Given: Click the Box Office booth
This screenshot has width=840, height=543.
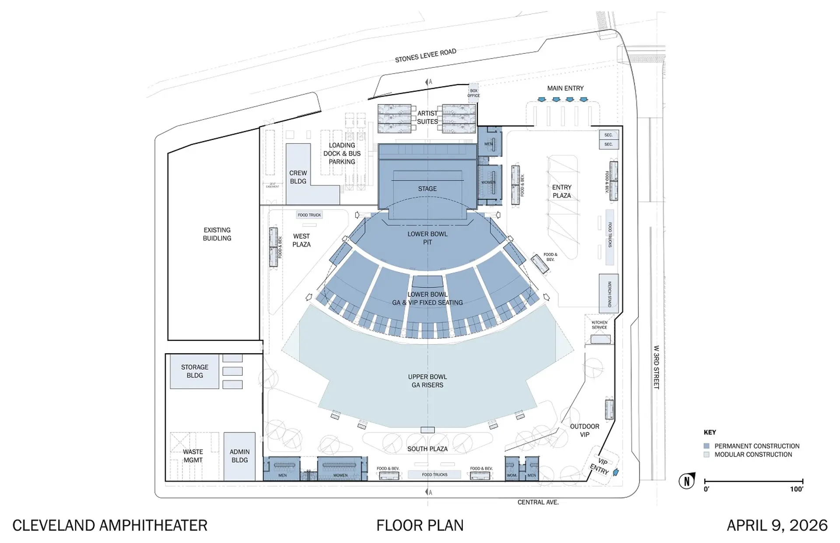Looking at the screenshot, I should (x=473, y=93).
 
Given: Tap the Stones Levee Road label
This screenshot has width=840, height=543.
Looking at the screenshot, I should (x=425, y=56).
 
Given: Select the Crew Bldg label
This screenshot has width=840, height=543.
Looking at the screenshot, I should (x=298, y=177).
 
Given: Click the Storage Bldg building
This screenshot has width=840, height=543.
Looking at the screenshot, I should (x=194, y=371).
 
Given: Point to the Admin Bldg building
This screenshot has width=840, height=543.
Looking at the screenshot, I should (x=239, y=456).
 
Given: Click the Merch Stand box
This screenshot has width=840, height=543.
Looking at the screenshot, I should (x=609, y=293).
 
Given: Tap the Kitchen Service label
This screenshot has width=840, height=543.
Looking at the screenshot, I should (x=599, y=325).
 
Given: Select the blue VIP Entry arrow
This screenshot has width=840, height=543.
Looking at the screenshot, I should (x=616, y=472).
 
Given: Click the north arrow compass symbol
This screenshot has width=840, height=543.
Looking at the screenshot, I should (x=687, y=481).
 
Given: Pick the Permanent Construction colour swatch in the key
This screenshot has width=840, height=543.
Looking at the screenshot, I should (x=707, y=446).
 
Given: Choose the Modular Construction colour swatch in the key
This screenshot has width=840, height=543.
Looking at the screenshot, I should (x=707, y=455).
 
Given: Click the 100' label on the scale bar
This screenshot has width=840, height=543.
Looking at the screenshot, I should (x=796, y=489).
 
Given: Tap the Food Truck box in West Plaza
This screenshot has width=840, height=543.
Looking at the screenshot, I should (x=309, y=215).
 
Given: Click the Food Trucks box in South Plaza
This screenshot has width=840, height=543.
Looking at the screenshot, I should (x=434, y=474).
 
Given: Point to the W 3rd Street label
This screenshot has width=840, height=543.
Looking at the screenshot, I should (x=656, y=367).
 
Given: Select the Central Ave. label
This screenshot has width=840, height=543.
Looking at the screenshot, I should (x=538, y=502).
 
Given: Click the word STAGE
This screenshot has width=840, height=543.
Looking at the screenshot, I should (x=427, y=189).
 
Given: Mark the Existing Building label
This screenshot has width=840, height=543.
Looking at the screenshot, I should (x=217, y=234).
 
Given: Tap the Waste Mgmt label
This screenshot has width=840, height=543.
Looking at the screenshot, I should (x=193, y=456).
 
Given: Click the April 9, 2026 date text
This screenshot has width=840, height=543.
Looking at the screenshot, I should (x=777, y=526).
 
